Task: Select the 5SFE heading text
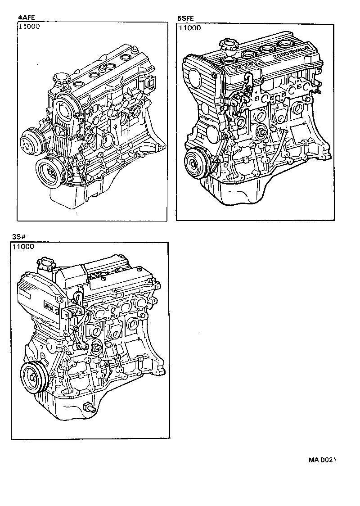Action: click(x=185, y=18)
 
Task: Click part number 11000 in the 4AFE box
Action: click(x=29, y=27)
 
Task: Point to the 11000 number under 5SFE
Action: click(x=190, y=28)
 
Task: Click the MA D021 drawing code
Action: click(x=323, y=460)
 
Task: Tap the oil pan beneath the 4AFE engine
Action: click(x=72, y=198)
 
